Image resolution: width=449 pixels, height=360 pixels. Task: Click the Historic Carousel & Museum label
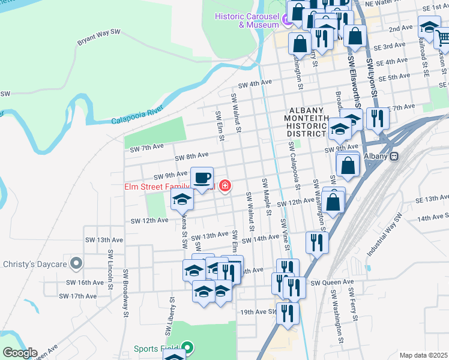click(x=247, y=19)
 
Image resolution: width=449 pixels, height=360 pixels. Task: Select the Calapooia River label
click(x=137, y=116)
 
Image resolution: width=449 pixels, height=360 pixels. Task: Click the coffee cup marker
click(x=202, y=178)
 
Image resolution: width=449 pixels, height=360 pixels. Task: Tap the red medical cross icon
click(x=225, y=187)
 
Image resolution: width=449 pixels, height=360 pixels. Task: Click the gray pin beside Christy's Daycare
click(x=76, y=263)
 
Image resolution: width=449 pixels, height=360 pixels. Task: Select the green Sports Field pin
click(x=188, y=348)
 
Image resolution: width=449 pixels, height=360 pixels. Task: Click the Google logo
click(x=20, y=353)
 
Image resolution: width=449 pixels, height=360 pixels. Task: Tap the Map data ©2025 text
click(x=423, y=355)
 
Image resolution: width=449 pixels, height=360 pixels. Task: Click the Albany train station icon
click(x=394, y=156)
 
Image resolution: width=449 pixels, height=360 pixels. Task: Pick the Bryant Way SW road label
click(x=99, y=37)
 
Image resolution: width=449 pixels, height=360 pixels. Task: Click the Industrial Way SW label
click(x=384, y=234)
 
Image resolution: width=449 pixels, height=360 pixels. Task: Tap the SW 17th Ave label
click(x=79, y=296)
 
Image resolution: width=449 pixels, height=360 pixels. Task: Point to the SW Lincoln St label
click(x=110, y=270)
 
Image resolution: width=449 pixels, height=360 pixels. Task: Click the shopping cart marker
click(x=443, y=40)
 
